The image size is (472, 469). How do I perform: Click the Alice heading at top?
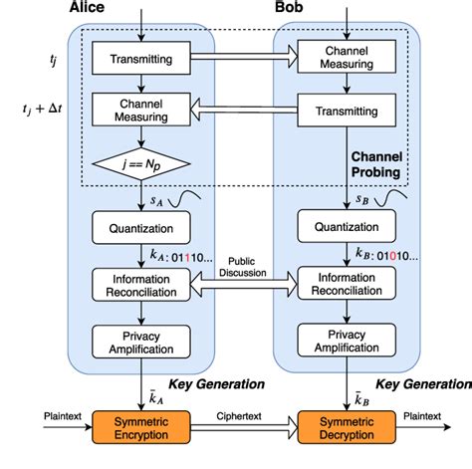(x=88, y=7)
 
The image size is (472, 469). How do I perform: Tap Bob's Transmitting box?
(x=346, y=112)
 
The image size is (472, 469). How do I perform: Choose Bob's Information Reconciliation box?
(x=346, y=285)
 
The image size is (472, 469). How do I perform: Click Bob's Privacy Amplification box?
(x=346, y=342)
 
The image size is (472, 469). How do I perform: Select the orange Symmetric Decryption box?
(x=346, y=427)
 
